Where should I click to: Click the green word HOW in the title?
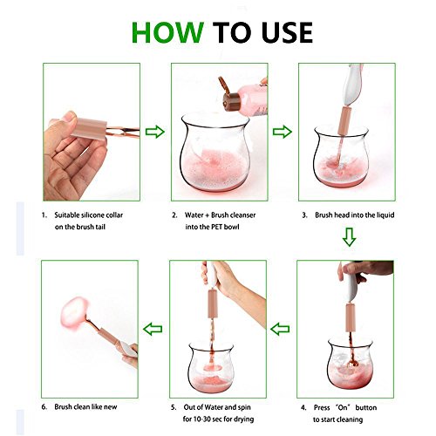[167, 32]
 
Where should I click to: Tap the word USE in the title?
[287, 32]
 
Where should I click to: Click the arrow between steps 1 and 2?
[155, 132]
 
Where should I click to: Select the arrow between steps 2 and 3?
[283, 132]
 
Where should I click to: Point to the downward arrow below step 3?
[349, 237]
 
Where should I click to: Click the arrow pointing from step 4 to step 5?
[280, 329]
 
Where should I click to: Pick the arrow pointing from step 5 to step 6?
[153, 329]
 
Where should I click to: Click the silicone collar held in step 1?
[89, 129]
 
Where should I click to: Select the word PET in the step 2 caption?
[216, 227]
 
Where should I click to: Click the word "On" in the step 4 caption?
[343, 407]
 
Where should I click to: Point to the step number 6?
[44, 407]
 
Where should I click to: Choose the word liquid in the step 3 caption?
[385, 215]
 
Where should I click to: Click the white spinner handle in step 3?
[352, 85]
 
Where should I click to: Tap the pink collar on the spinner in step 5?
[213, 303]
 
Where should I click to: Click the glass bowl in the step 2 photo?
[215, 153]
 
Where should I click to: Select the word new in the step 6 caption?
[111, 407]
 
